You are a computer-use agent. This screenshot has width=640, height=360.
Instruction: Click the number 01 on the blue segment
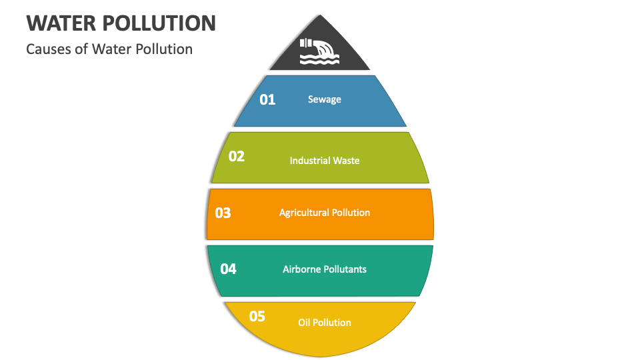tap(267, 100)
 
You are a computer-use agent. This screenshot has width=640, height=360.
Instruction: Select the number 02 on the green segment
tap(237, 157)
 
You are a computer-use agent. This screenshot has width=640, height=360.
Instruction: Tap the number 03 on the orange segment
tap(223, 213)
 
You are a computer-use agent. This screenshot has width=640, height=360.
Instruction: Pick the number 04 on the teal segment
tap(228, 269)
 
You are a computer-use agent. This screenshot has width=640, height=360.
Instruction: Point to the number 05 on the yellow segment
tap(257, 317)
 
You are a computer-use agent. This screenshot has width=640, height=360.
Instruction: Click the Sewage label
tap(325, 99)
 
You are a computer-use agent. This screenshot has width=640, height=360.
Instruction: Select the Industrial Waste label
tap(325, 161)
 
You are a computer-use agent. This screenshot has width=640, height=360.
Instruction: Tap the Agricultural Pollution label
tap(325, 213)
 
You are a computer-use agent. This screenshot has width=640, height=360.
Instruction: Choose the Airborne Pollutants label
tap(325, 269)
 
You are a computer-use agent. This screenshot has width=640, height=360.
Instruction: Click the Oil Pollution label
tap(325, 323)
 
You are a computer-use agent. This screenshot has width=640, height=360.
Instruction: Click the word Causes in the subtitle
tap(47, 49)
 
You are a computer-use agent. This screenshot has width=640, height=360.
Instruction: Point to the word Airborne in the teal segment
tap(302, 269)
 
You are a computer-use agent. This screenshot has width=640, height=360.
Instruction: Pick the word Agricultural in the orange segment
tap(304, 213)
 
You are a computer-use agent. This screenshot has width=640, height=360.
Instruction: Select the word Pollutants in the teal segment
tap(345, 269)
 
